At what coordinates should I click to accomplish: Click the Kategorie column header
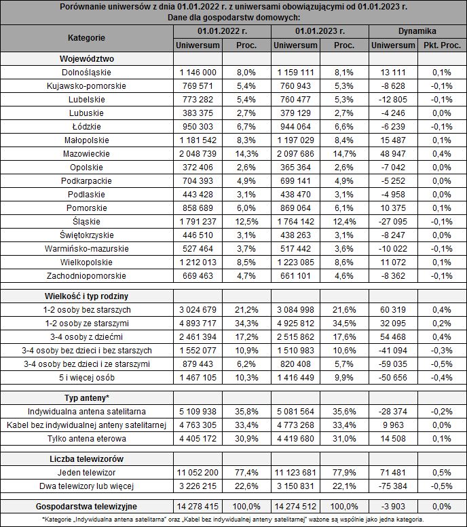86,37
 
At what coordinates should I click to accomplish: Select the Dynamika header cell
416,31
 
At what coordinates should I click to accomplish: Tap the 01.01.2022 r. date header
221,31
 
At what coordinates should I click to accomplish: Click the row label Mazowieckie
86,153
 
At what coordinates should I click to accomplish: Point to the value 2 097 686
295,153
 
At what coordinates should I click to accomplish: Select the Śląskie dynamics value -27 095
393,221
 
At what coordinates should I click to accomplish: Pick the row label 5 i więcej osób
86,377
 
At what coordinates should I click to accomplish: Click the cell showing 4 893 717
198,323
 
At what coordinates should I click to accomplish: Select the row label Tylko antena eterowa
86,438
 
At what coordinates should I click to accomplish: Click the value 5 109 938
198,411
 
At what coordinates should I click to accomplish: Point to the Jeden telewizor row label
86,472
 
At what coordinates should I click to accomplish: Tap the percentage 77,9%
345,472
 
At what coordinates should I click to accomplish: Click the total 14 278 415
198,506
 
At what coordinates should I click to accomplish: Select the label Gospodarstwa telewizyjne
86,506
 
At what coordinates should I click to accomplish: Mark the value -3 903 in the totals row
393,506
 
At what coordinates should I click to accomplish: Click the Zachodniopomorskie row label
86,275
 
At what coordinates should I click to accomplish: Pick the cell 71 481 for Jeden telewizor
393,472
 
